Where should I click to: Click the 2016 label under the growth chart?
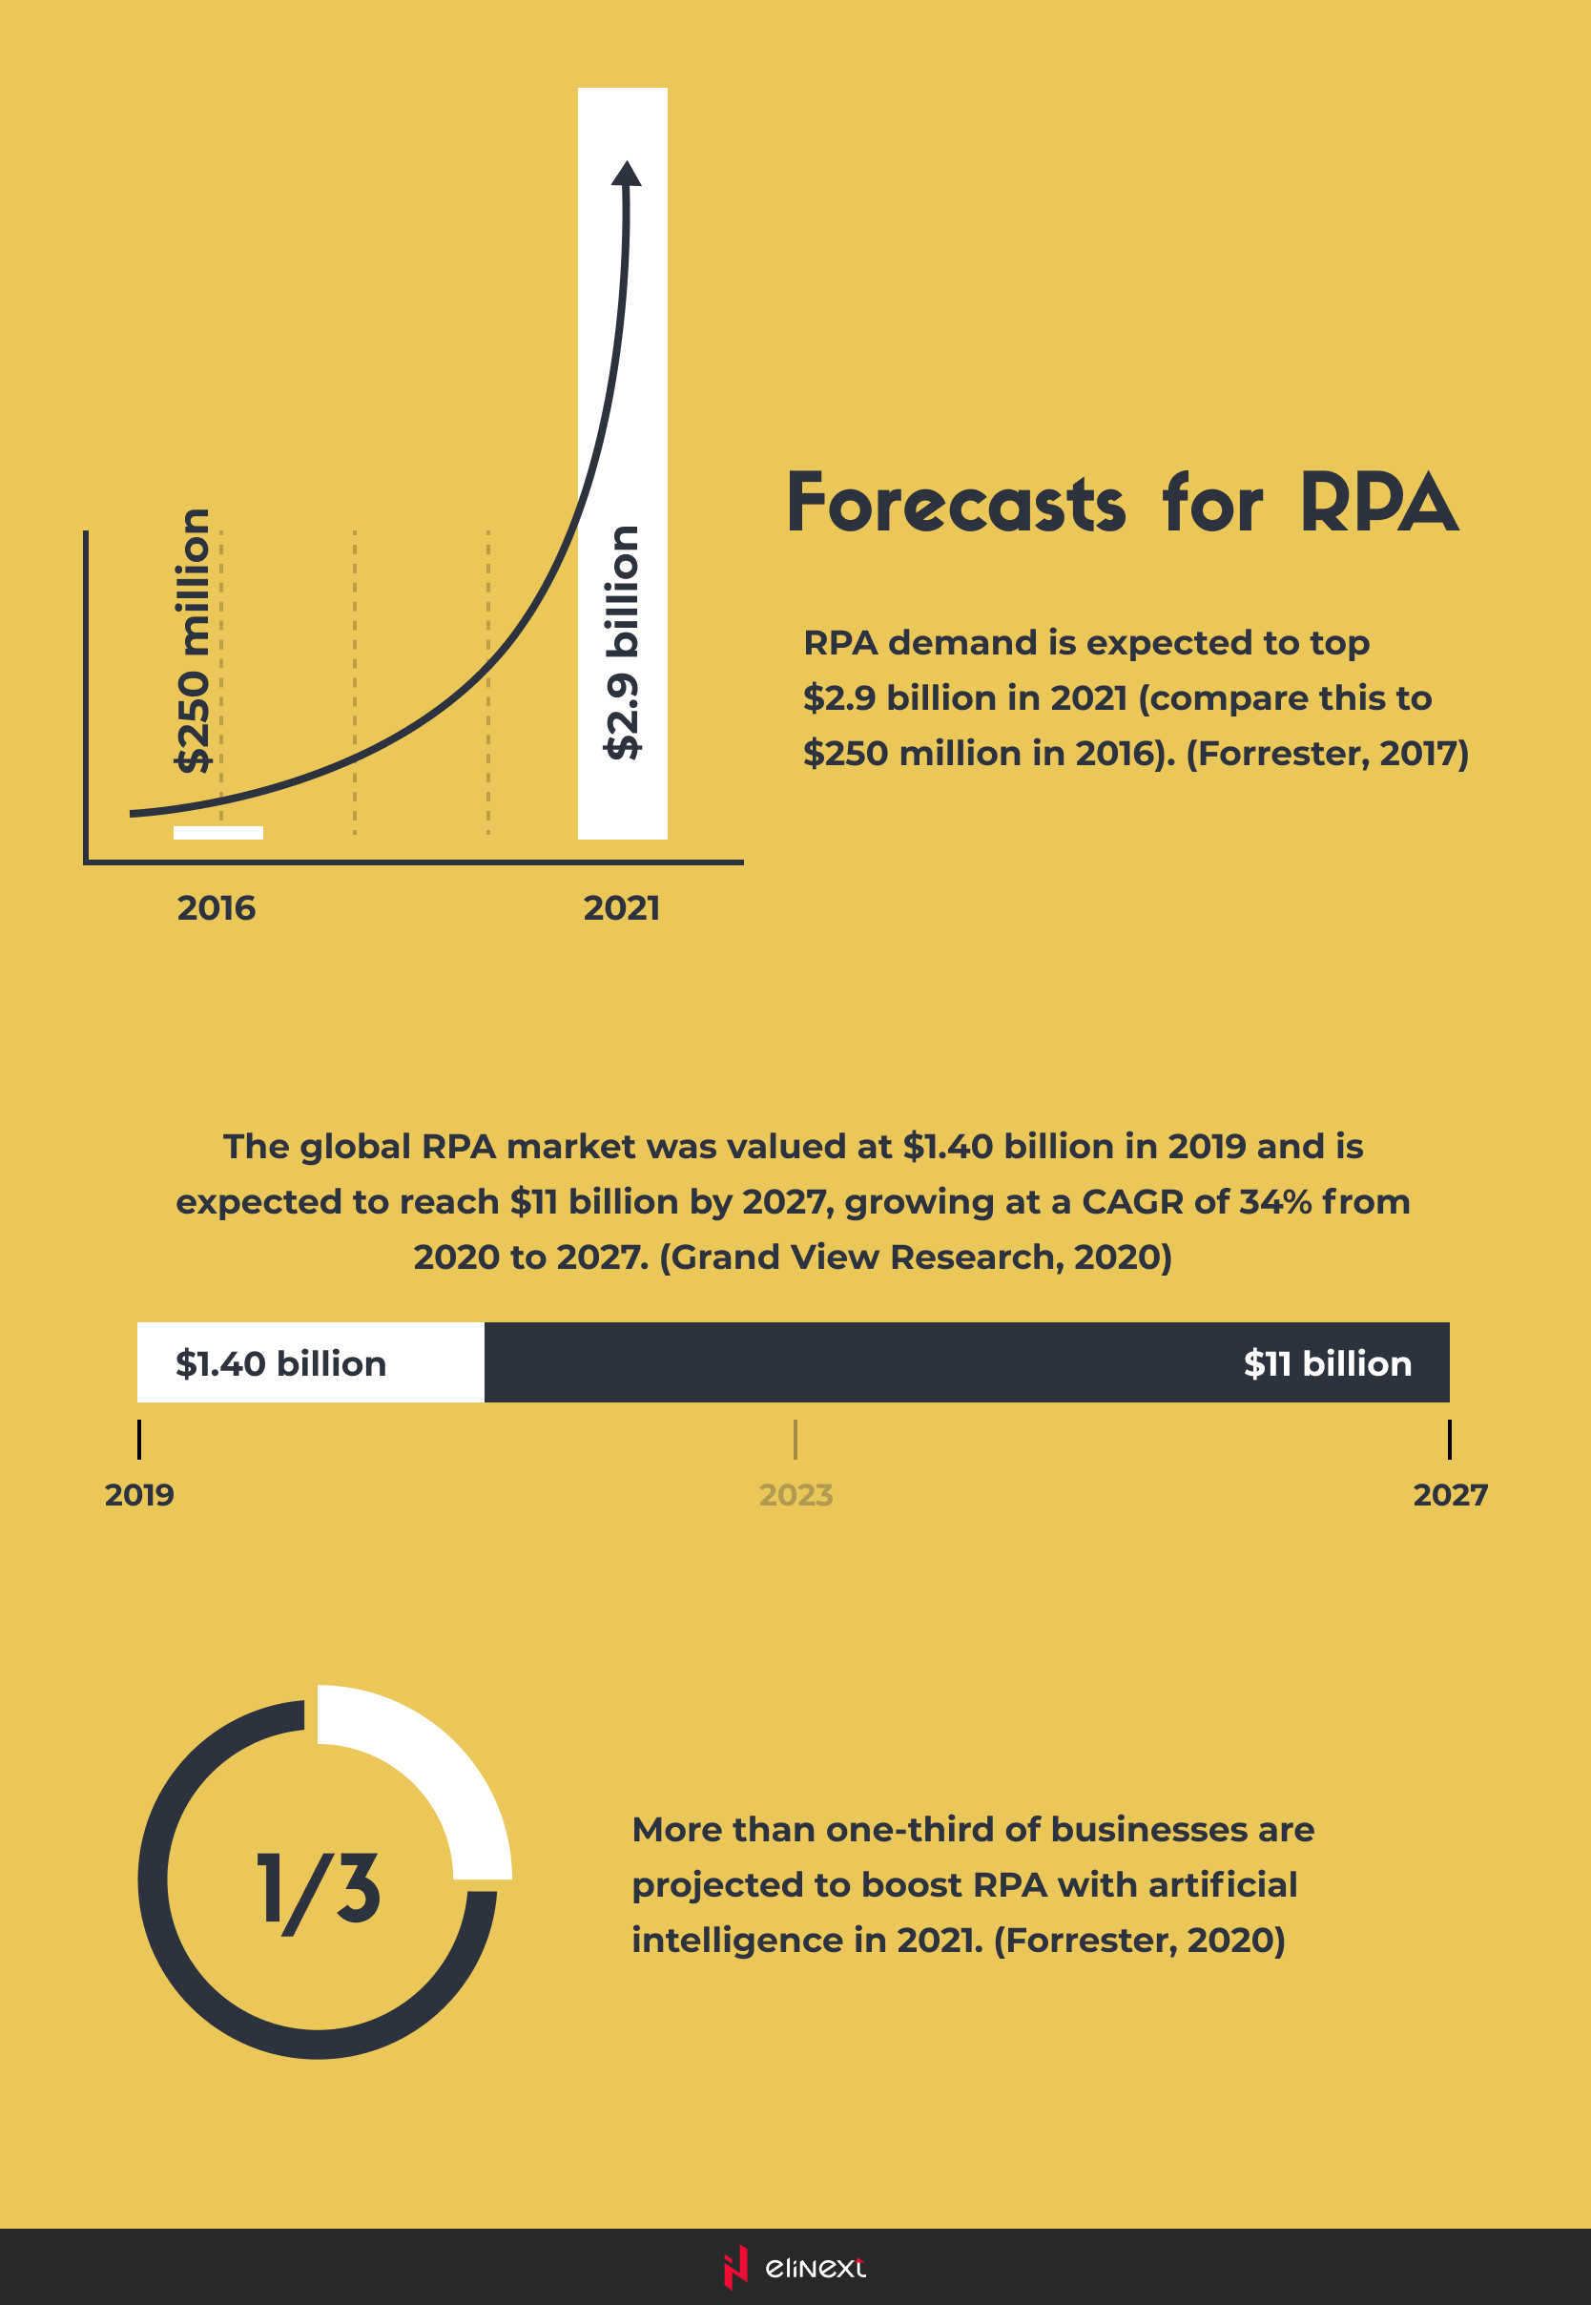(x=217, y=908)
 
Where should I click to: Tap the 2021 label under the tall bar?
(x=621, y=908)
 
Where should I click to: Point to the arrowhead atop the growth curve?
(x=626, y=174)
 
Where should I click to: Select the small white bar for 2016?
(x=218, y=833)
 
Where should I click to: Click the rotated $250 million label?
(x=193, y=640)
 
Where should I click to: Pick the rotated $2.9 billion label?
(x=622, y=642)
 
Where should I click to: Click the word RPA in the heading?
(x=1378, y=504)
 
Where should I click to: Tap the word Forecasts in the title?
(x=956, y=504)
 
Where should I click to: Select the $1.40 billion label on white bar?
(x=281, y=1362)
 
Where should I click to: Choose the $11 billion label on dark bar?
(x=1327, y=1362)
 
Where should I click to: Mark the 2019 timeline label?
(x=139, y=1494)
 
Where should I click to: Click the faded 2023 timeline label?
(x=795, y=1494)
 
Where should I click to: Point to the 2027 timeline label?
(x=1450, y=1494)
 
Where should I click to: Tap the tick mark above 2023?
(x=795, y=1440)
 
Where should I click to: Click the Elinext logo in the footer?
(x=795, y=2267)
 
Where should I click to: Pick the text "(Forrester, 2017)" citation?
(x=1327, y=753)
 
